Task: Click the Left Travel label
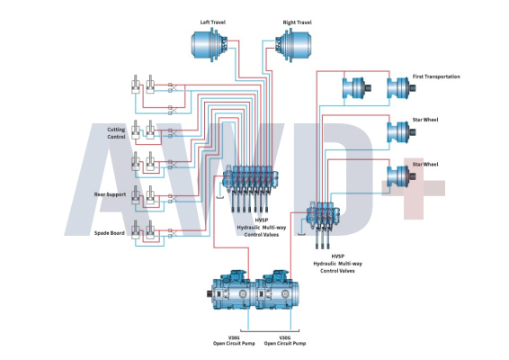click(x=212, y=22)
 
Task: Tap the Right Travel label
click(x=297, y=22)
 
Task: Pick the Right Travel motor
click(x=293, y=45)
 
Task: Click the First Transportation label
click(x=436, y=76)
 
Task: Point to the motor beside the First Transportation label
click(x=402, y=87)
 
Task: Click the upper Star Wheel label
click(x=425, y=120)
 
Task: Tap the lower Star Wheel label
click(x=425, y=165)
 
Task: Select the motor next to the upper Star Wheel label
click(x=402, y=132)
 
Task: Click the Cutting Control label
click(x=116, y=133)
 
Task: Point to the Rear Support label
click(x=110, y=194)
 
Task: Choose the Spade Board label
click(x=110, y=233)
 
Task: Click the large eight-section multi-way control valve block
click(x=250, y=187)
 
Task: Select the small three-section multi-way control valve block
click(x=323, y=223)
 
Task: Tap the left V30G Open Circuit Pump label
click(x=234, y=340)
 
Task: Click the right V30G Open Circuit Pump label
click(x=285, y=340)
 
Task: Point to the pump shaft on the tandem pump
click(x=210, y=294)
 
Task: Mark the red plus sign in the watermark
click(x=414, y=188)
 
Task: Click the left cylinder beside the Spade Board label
click(x=136, y=230)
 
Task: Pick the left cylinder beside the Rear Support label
click(x=136, y=195)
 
